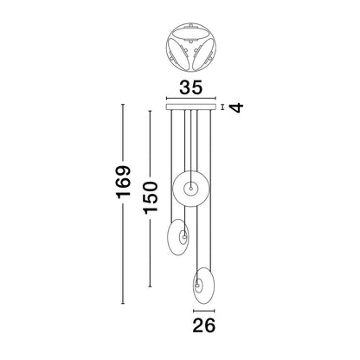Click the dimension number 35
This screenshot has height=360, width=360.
pyautogui.click(x=190, y=87)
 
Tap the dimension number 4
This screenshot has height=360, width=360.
pyautogui.click(x=237, y=107)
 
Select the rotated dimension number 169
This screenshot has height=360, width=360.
pyautogui.click(x=124, y=182)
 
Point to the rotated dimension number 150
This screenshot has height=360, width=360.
pyautogui.click(x=151, y=198)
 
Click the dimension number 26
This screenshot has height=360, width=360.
pyautogui.click(x=203, y=325)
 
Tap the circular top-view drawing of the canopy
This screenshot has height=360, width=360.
pyautogui.click(x=191, y=47)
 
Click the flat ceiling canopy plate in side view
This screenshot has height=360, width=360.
pyautogui.click(x=190, y=107)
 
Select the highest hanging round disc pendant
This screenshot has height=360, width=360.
pyautogui.click(x=190, y=189)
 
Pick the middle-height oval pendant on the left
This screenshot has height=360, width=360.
pyautogui.click(x=178, y=237)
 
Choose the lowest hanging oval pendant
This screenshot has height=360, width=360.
pyautogui.click(x=203, y=286)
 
